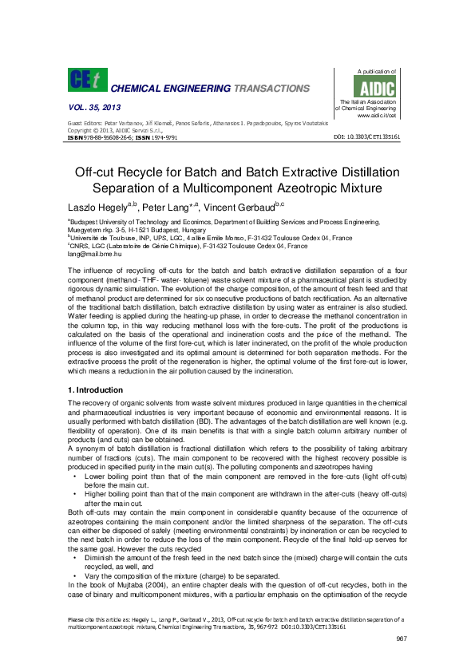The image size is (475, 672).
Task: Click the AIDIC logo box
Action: click(x=372, y=86)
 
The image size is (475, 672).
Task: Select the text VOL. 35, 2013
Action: click(x=90, y=107)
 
